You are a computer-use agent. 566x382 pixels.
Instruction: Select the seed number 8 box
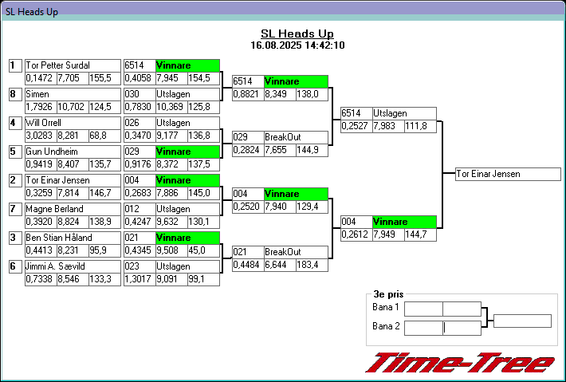pos(14,94)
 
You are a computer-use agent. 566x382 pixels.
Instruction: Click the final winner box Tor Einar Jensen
pos(509,174)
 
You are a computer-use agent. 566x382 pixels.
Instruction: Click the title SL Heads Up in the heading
pos(297,33)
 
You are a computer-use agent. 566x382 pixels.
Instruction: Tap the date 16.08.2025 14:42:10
pos(297,45)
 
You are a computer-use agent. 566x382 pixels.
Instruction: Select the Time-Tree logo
pos(459,363)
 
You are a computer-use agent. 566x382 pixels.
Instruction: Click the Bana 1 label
pos(386,308)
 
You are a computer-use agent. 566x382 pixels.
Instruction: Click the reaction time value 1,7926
pos(39,107)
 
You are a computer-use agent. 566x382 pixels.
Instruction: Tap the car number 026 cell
pos(139,123)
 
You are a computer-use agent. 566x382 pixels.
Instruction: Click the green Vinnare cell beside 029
pos(187,152)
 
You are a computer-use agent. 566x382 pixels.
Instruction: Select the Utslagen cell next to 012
pos(187,209)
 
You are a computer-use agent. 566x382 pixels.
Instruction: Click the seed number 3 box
pos(14,238)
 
